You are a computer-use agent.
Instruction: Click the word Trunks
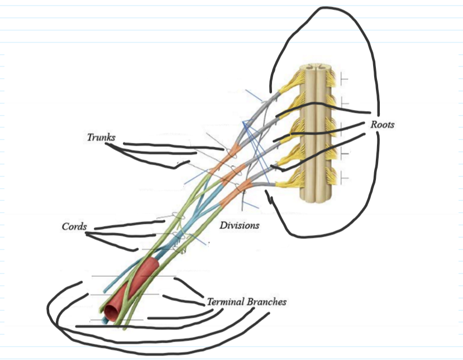point(101,137)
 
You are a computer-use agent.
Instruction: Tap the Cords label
point(74,227)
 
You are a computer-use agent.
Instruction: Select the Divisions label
point(239,225)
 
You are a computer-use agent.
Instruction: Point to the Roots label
point(382,124)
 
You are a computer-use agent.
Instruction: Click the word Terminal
point(226,301)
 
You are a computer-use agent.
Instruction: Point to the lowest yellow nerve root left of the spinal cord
point(288,180)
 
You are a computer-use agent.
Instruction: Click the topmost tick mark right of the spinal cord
point(342,80)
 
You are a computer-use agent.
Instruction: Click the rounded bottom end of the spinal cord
point(317,199)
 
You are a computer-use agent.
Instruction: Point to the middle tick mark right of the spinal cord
point(342,128)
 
